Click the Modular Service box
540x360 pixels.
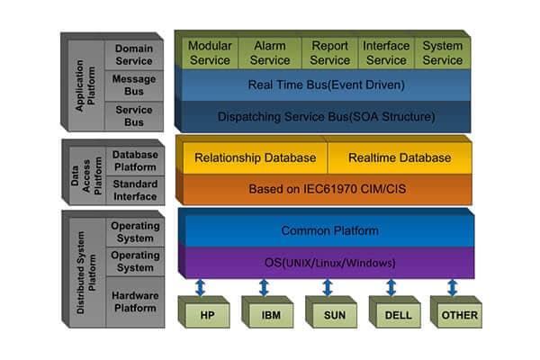point(210,53)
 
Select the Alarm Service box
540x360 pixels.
point(270,53)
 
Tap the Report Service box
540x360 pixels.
point(329,53)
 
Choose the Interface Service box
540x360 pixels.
point(386,53)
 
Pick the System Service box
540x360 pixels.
point(443,53)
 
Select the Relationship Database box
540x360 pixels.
point(256,157)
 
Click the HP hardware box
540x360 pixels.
point(206,315)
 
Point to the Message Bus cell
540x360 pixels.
point(134,84)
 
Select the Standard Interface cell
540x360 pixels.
point(134,190)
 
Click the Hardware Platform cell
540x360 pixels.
point(134,301)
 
